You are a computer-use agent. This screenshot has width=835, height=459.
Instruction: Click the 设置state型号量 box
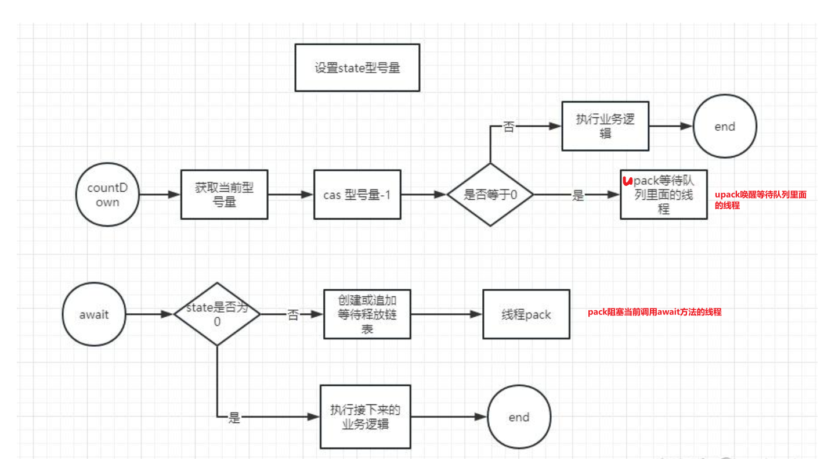(357, 67)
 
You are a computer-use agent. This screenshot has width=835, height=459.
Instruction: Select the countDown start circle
(107, 194)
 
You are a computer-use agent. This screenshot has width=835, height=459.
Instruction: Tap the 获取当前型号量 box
(224, 195)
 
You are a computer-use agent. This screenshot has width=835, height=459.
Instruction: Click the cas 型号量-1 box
(357, 195)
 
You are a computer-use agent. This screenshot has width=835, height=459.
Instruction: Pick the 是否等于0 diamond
(490, 195)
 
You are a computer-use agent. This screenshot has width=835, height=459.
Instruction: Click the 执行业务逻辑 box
(605, 126)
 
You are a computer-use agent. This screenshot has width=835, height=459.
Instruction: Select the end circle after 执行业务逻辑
(725, 127)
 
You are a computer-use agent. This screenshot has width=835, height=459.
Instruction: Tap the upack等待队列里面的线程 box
(663, 195)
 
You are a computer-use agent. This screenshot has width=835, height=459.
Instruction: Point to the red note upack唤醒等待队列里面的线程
(760, 200)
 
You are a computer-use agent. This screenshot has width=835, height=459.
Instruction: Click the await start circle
(94, 314)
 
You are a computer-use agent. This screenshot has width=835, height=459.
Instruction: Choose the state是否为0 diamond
(217, 314)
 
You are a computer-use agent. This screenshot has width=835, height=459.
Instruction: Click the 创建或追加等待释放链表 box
(367, 314)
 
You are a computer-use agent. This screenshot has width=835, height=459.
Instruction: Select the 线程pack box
(526, 314)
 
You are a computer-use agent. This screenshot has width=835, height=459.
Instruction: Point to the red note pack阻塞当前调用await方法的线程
(655, 312)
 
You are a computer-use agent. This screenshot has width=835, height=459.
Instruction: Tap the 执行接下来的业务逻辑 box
(366, 417)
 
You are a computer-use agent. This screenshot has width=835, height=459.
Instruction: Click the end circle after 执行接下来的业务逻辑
(519, 417)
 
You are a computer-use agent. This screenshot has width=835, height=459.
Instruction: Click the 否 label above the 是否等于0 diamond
(509, 127)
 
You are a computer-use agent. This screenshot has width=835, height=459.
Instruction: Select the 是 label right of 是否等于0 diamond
(578, 195)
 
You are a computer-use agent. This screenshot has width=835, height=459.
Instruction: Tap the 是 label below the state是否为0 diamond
(234, 417)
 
